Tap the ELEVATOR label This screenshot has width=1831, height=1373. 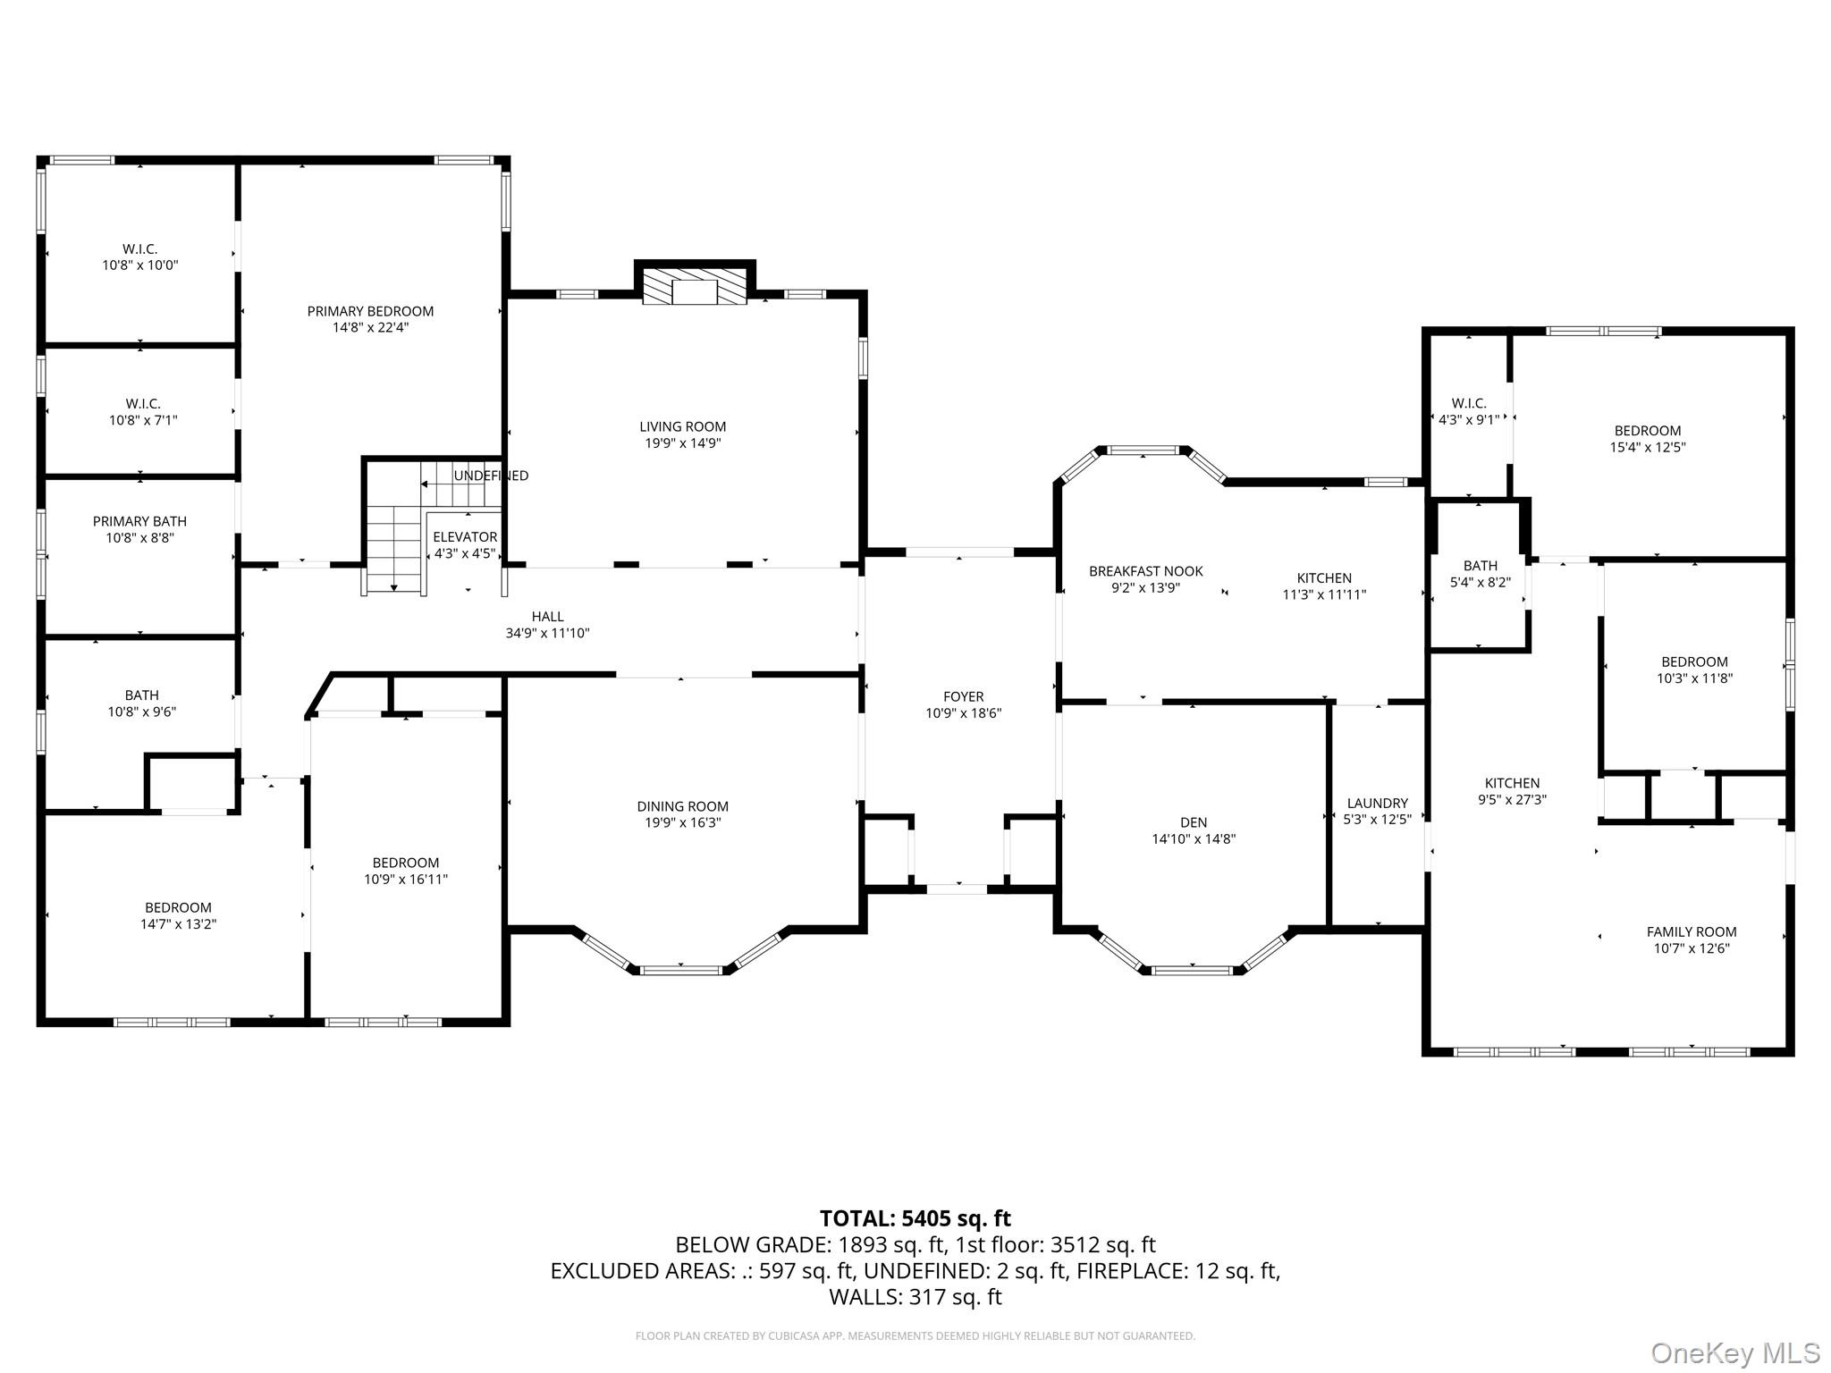point(465,537)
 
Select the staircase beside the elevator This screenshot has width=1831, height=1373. point(393,545)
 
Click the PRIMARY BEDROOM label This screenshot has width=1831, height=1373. point(370,311)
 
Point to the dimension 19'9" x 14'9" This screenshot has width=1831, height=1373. point(682,443)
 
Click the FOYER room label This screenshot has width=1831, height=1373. point(963,696)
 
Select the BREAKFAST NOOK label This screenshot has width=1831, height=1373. point(1145,571)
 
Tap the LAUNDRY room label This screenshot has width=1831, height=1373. point(1377,803)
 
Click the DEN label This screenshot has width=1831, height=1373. point(1194,822)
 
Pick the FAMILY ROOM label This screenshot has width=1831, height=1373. point(1692,931)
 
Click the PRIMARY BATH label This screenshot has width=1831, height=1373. point(139,521)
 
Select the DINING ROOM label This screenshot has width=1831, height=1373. point(682,806)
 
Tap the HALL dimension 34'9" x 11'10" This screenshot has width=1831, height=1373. point(547,634)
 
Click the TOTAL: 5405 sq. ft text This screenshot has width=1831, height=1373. point(915,1218)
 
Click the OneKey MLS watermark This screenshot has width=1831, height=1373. point(1734,1352)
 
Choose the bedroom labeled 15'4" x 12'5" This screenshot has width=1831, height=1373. point(1647,439)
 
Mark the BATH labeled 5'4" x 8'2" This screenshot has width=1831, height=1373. point(1480,574)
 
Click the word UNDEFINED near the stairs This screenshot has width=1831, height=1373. point(491,476)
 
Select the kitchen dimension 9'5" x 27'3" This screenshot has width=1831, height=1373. point(1512,800)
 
